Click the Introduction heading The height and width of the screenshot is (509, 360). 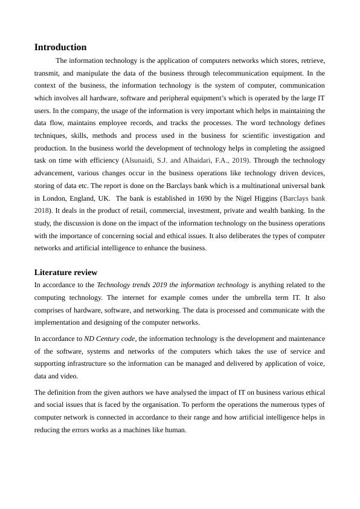click(60, 47)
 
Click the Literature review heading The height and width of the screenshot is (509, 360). click(66, 273)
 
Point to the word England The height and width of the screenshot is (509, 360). click(84, 198)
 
